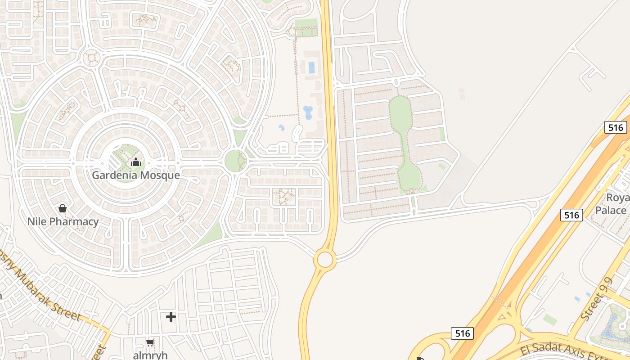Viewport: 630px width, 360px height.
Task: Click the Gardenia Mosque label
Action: pyautogui.click(x=136, y=175)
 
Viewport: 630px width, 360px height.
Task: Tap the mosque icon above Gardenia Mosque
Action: pyautogui.click(x=136, y=162)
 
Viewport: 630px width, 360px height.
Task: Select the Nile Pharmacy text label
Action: pyautogui.click(x=63, y=221)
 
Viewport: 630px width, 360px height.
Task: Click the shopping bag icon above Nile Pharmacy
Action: pyautogui.click(x=63, y=208)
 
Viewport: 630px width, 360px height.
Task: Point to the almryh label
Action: pyautogui.click(x=150, y=355)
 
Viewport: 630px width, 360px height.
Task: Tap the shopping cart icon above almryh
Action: pyautogui.click(x=150, y=342)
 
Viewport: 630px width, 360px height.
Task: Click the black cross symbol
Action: pyautogui.click(x=171, y=317)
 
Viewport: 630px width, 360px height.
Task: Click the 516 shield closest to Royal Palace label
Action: pyautogui.click(x=571, y=215)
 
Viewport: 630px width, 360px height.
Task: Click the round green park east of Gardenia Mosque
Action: pyautogui.click(x=235, y=161)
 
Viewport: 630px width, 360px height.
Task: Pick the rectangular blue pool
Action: pyautogui.click(x=311, y=67)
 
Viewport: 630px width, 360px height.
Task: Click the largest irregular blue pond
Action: pyautogui.click(x=308, y=112)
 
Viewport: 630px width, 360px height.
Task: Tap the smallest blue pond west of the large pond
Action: pyautogui.click(x=282, y=128)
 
